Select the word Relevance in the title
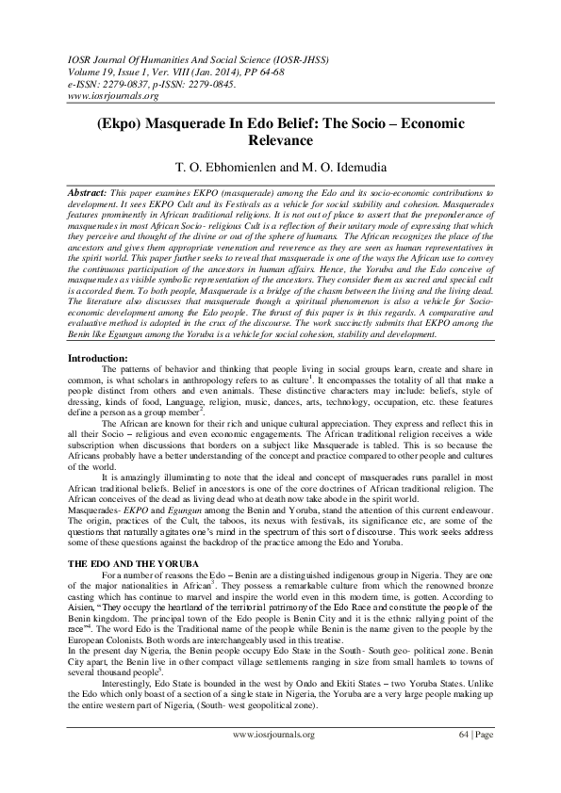(280, 141)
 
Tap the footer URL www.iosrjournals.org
(273, 758)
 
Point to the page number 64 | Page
(476, 758)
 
